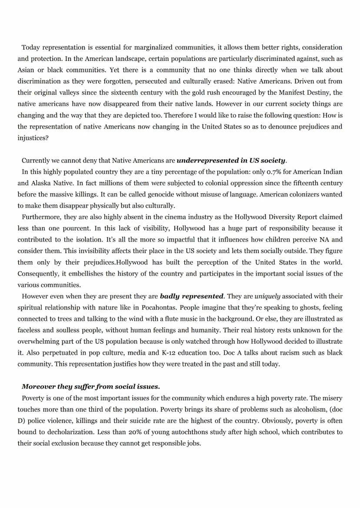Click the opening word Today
pyautogui.click(x=30, y=47)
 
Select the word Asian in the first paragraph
pyautogui.click(x=26, y=70)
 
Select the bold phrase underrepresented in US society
pyautogui.click(x=231, y=160)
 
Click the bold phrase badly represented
pyautogui.click(x=191, y=296)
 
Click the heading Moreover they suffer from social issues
pyautogui.click(x=90, y=386)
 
